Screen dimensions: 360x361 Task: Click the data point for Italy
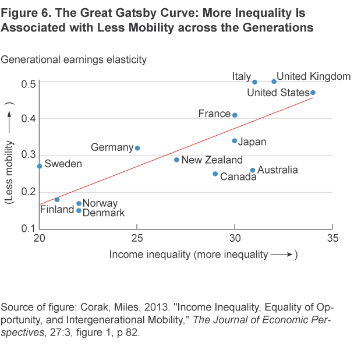click(x=254, y=82)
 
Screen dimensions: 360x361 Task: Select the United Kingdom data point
click(x=274, y=82)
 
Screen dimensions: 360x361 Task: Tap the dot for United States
click(x=313, y=93)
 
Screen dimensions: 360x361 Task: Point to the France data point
click(x=235, y=115)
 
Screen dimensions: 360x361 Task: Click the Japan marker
click(x=235, y=140)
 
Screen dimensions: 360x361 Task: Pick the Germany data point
click(x=137, y=148)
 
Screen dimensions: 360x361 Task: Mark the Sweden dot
click(x=40, y=166)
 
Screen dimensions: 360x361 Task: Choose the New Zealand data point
click(x=176, y=160)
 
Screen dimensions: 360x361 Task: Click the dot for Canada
click(x=215, y=174)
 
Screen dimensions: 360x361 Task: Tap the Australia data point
click(x=253, y=170)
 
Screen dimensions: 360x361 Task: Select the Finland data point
click(x=57, y=199)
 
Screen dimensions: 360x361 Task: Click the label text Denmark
click(x=104, y=213)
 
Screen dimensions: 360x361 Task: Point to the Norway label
click(x=100, y=203)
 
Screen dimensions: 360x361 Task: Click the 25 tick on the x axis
click(x=137, y=238)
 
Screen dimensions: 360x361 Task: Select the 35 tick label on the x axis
click(x=332, y=238)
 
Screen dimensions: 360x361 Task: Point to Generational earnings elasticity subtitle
click(x=74, y=59)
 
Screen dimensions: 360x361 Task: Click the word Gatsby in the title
click(x=116, y=13)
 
